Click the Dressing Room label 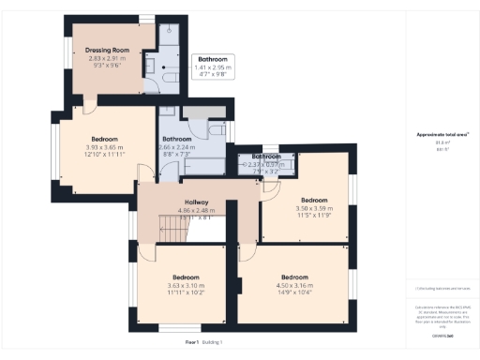pyautogui.click(x=105, y=49)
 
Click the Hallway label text pyautogui.click(x=196, y=202)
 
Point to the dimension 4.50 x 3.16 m pyautogui.click(x=294, y=286)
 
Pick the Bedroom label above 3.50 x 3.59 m pyautogui.click(x=314, y=200)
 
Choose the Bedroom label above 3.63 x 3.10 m pyautogui.click(x=186, y=277)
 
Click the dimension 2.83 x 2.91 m pyautogui.click(x=105, y=58)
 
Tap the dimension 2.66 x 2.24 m pyautogui.click(x=176, y=148)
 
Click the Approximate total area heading pyautogui.click(x=442, y=135)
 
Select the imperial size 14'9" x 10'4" pyautogui.click(x=294, y=293)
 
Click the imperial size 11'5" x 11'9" pyautogui.click(x=314, y=216)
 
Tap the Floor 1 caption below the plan pyautogui.click(x=192, y=343)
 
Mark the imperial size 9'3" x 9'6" pyautogui.click(x=105, y=66)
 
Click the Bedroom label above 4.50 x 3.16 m pyautogui.click(x=294, y=277)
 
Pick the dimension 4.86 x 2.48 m pyautogui.click(x=196, y=210)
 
